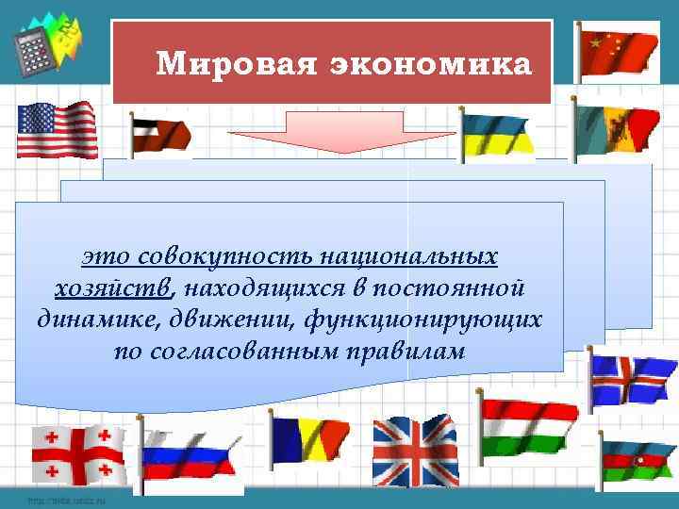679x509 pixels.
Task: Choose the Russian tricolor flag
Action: tap(187, 454)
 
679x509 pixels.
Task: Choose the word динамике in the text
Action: tap(90, 319)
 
